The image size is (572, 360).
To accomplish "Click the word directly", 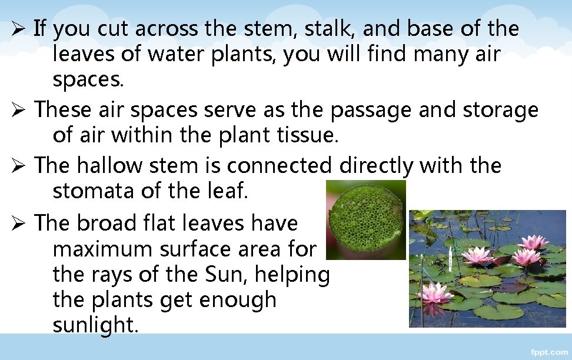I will [x=376, y=166].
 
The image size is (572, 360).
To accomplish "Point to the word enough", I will [x=238, y=300].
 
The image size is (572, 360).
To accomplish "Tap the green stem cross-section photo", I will [x=365, y=220].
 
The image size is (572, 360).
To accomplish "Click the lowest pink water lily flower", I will [x=435, y=292].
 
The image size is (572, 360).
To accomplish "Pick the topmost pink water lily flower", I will [x=533, y=241].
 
